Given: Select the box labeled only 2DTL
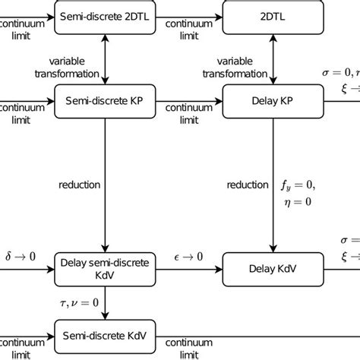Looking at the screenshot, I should [271, 14].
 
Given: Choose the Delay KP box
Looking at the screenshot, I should [271, 99].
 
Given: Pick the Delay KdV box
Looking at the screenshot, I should [271, 268].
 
